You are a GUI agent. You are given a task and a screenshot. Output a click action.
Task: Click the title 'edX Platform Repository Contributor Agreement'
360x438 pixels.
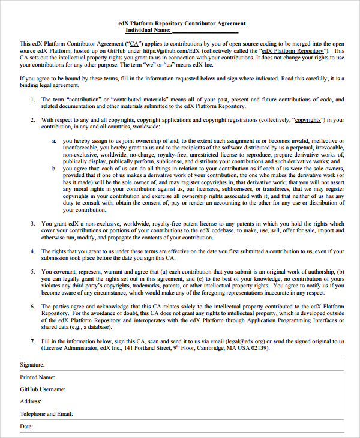(182, 23)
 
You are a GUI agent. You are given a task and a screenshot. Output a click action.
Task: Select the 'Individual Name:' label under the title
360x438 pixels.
(148, 30)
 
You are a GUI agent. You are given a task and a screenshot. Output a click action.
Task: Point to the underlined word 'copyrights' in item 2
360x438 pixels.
(307, 120)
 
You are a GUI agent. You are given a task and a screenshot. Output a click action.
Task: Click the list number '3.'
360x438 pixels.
(33, 224)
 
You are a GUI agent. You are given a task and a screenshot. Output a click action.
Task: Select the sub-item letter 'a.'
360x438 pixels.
(54, 140)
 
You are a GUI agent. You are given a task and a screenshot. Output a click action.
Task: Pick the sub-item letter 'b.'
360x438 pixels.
(54, 169)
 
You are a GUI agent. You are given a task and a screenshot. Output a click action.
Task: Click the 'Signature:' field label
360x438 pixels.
(32, 364)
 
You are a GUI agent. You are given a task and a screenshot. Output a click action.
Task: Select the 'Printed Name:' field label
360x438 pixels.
(37, 377)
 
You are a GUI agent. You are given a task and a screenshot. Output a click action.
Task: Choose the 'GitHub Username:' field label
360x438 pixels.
(43, 389)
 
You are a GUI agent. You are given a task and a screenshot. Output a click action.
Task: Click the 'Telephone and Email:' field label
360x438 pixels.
(46, 414)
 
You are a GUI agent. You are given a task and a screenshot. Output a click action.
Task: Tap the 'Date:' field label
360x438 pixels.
(26, 427)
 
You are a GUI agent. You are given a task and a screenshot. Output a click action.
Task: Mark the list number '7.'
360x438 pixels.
(33, 341)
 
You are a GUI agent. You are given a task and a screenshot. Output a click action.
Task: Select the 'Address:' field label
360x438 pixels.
(31, 401)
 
